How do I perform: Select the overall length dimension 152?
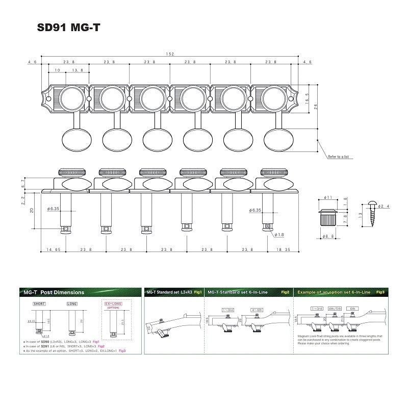click(169, 54)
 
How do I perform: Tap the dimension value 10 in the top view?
click(57, 70)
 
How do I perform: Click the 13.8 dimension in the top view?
click(78, 70)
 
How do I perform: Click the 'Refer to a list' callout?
click(339, 157)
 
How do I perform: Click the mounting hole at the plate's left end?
click(47, 97)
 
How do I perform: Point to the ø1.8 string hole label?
click(279, 235)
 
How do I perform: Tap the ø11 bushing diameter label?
click(329, 197)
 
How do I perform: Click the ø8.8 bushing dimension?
click(329, 237)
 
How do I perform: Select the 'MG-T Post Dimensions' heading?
click(54, 292)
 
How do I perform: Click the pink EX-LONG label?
click(114, 303)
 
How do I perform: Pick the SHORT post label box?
click(39, 303)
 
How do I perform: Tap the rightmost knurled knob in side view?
click(270, 172)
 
